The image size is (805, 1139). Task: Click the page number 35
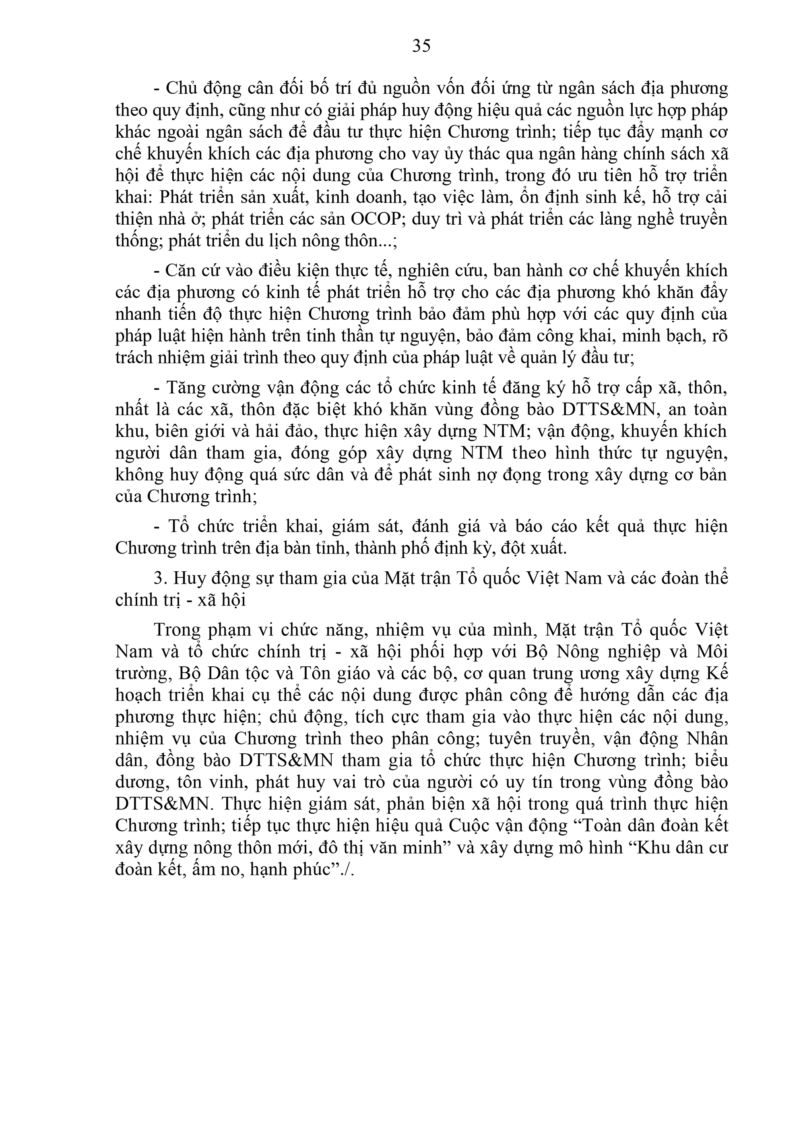click(x=421, y=46)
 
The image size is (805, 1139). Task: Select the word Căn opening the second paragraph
click(x=177, y=271)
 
